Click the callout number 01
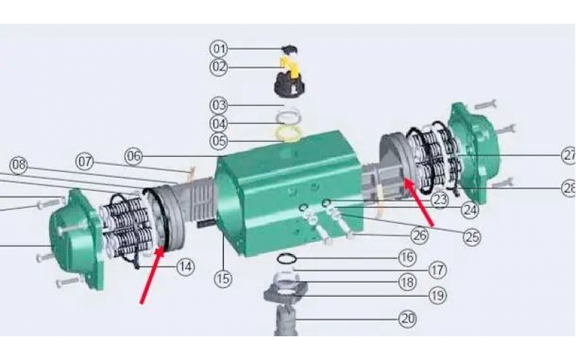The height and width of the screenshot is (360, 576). pos(219,48)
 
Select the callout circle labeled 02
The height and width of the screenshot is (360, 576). pos(219,67)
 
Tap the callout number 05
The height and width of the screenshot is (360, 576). pos(219,140)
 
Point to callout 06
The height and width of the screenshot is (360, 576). pos(134,156)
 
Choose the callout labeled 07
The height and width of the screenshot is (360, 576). pos(85,161)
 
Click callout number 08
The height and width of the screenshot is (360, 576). pos(19,165)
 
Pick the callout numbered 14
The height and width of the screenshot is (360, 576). pos(186,267)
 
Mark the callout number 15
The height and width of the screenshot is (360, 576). pos(223,279)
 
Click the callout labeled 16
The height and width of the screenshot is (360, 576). pos(408,258)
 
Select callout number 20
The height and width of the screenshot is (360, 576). pos(408,319)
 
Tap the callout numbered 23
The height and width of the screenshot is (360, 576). pos(440,200)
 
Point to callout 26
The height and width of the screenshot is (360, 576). pos(420,235)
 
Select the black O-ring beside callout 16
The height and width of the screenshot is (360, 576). pos(287,259)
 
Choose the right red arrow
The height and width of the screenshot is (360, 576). pos(419,202)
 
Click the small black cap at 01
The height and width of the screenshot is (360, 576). pos(290,50)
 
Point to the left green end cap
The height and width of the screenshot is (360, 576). pos(76,239)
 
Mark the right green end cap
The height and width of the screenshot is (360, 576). pos(474,153)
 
